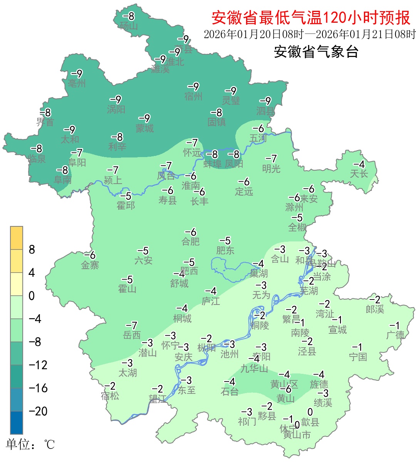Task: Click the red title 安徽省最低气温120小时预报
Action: click(x=311, y=18)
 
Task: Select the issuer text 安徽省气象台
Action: click(x=316, y=52)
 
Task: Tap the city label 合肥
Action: click(x=191, y=241)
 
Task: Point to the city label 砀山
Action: click(x=129, y=26)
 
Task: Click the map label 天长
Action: click(x=359, y=174)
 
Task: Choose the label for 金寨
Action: click(x=90, y=265)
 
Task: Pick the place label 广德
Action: click(x=396, y=335)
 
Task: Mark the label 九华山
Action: click(x=254, y=368)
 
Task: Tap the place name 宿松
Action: click(x=110, y=395)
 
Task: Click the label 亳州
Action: click(x=77, y=83)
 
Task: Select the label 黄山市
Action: click(x=297, y=435)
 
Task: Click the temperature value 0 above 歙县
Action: click(x=310, y=412)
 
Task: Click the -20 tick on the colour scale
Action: click(x=38, y=411)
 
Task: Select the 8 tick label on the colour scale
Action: click(x=32, y=249)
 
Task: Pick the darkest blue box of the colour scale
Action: click(x=17, y=422)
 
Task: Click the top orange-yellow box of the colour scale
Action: click(x=17, y=238)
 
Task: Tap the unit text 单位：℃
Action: click(x=30, y=445)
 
